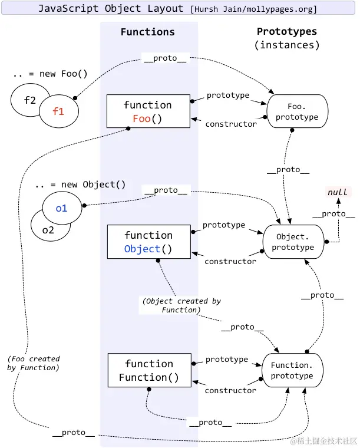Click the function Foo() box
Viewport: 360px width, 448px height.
(148, 111)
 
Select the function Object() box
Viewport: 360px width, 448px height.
(148, 242)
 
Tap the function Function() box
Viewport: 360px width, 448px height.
(148, 370)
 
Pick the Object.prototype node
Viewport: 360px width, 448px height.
(293, 242)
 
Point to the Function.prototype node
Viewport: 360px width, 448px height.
(292, 370)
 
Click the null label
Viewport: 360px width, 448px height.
(338, 192)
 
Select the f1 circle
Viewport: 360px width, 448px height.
(58, 111)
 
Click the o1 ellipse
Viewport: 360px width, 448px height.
(61, 207)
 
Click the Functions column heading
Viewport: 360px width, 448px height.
(147, 32)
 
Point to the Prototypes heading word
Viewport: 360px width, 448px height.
(286, 31)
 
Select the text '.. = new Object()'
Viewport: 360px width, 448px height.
(80, 185)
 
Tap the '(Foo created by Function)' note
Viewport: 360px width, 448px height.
(34, 363)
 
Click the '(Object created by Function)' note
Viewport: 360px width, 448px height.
(181, 305)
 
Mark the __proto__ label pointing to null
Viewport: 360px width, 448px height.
(333, 213)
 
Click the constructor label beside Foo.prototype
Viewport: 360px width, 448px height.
(230, 124)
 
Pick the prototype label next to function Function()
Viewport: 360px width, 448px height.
(227, 359)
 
